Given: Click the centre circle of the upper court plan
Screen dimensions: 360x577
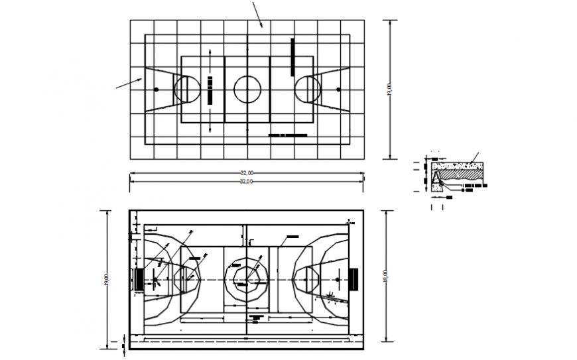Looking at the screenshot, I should (x=247, y=89).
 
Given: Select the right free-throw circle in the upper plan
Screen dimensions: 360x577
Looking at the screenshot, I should (x=307, y=89).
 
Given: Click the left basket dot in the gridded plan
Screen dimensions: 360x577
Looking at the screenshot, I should (x=157, y=89).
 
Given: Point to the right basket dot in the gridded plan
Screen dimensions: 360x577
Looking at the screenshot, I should (x=338, y=89).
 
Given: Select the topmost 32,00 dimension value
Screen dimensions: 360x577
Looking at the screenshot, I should (x=247, y=172).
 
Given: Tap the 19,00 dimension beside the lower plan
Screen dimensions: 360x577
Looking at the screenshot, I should (x=107, y=279).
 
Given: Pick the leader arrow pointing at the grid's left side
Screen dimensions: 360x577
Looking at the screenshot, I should (x=130, y=83).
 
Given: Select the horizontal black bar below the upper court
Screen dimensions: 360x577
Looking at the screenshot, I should (x=288, y=135).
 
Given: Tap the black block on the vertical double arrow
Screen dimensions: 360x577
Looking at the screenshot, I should (x=210, y=90).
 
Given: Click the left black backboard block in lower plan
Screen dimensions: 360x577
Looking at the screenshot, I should (x=139, y=279).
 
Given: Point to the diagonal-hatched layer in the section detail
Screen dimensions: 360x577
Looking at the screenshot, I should (x=465, y=173).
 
